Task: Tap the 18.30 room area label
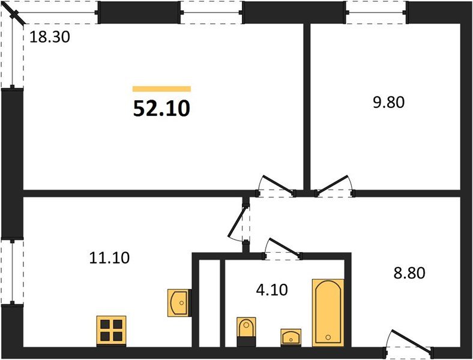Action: (50, 37)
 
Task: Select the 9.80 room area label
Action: (388, 102)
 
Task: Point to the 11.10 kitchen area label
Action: (109, 258)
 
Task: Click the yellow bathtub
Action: (328, 311)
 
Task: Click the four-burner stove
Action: (112, 331)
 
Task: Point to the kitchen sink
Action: (179, 302)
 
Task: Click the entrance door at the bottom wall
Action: (409, 344)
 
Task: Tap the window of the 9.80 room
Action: (376, 12)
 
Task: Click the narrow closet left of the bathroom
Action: (208, 303)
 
